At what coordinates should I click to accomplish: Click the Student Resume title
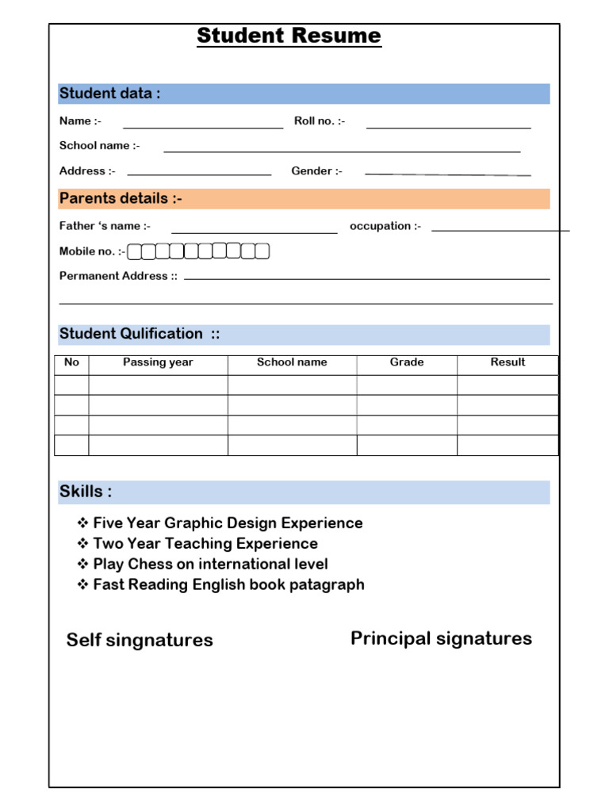coord(289,36)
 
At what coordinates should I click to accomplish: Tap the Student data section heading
coord(109,94)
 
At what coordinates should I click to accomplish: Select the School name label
coord(99,145)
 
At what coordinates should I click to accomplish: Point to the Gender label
coord(316,170)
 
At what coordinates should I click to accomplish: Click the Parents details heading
coord(121,198)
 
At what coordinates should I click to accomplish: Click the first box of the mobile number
coord(134,251)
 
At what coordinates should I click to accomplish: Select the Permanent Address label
coord(118,276)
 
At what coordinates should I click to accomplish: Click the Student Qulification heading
coord(140,334)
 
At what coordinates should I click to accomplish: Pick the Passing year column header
coord(158,362)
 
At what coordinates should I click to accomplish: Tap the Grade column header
coord(407,362)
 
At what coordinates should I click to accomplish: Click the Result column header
coord(507,362)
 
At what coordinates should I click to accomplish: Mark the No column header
coord(71,362)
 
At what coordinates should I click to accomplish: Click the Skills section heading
coord(86,492)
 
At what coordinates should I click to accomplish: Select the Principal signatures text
coord(441,638)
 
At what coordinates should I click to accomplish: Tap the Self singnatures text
coord(140,640)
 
